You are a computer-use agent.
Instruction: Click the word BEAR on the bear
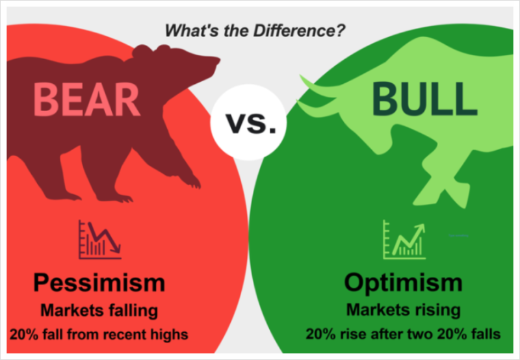click(x=86, y=98)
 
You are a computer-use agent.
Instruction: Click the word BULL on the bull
click(x=420, y=98)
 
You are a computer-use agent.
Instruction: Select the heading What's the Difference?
click(x=254, y=30)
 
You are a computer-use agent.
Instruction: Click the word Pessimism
click(x=99, y=283)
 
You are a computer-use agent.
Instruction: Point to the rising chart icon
click(x=404, y=240)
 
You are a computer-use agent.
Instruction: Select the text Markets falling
click(x=99, y=311)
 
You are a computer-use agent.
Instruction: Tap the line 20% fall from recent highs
click(x=99, y=335)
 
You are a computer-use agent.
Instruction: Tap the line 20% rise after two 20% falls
click(x=403, y=335)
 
